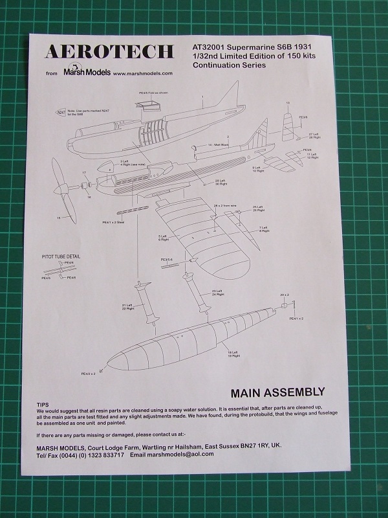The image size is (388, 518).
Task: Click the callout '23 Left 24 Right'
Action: pos(217,293)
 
